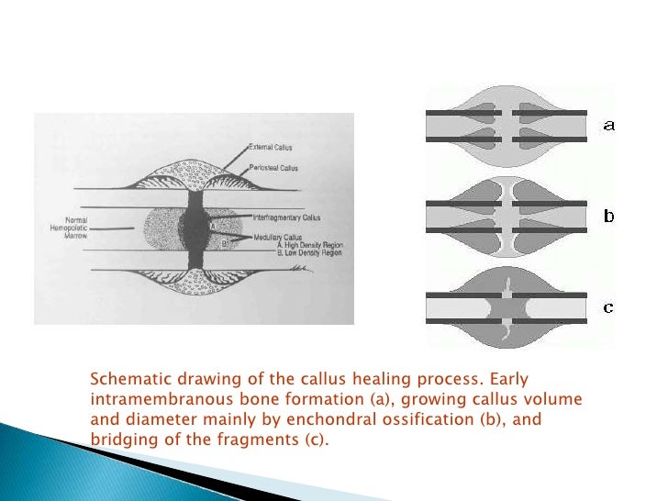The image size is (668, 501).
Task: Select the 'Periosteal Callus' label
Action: click(275, 168)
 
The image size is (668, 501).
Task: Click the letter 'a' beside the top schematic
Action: click(608, 126)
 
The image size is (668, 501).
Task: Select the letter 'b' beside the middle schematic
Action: click(608, 217)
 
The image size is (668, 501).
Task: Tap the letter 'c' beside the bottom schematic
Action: click(608, 307)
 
